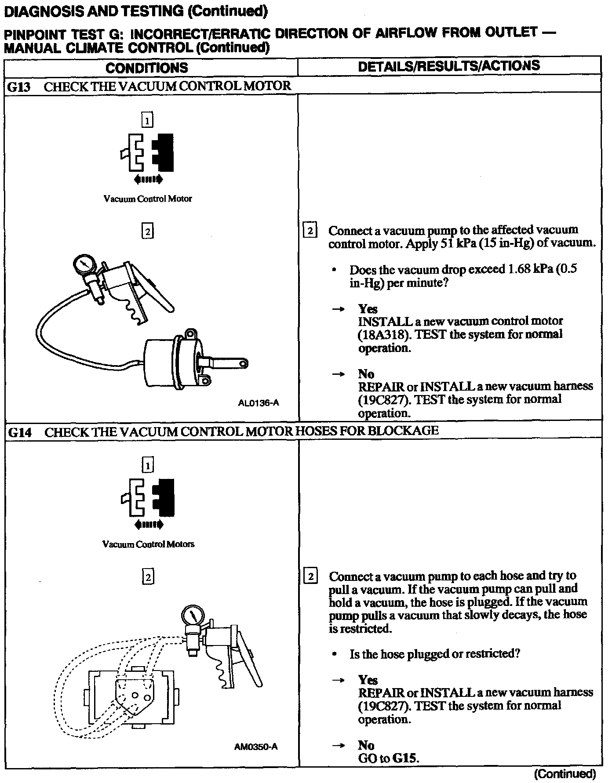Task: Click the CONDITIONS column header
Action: [147, 68]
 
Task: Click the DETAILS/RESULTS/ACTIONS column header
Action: [449, 66]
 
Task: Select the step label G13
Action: [19, 87]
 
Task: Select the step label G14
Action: [20, 432]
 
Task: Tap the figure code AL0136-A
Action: [258, 402]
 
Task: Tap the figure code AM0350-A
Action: [256, 747]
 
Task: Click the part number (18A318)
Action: [381, 334]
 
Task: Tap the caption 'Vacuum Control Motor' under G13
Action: [148, 199]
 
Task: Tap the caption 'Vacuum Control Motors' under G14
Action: [148, 544]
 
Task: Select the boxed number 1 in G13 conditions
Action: [147, 120]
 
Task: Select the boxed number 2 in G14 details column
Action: [310, 576]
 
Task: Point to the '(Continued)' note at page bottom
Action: [565, 773]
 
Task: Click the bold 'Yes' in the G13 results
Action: [368, 308]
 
